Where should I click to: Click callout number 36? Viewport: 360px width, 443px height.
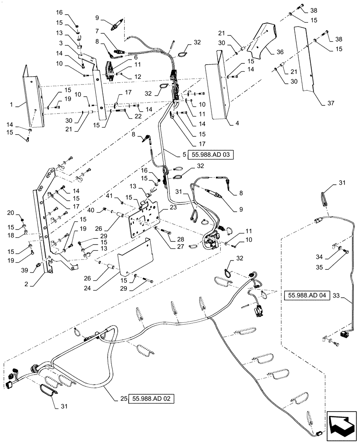click(x=280, y=52)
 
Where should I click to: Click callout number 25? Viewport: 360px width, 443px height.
click(x=122, y=399)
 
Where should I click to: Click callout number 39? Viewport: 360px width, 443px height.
click(x=24, y=269)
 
